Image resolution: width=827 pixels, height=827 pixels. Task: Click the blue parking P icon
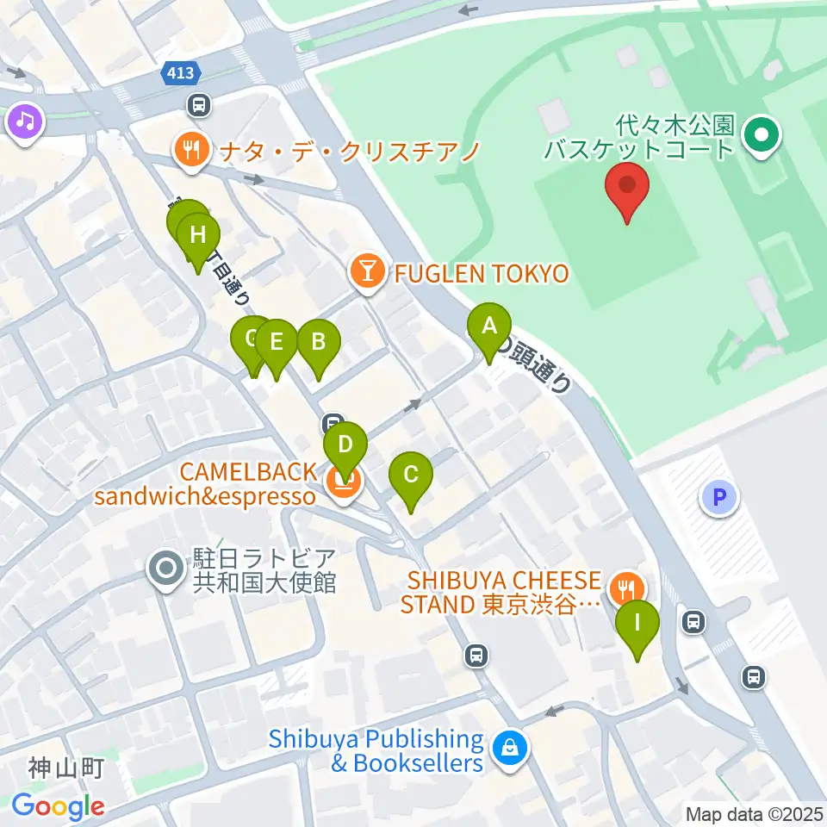click(x=720, y=498)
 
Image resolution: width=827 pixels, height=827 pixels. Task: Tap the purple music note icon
click(x=26, y=121)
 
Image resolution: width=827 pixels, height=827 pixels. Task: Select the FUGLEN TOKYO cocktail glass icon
click(x=368, y=273)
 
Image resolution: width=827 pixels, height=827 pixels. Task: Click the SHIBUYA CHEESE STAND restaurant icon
click(x=624, y=590)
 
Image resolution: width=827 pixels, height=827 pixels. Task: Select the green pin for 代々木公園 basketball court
click(x=762, y=134)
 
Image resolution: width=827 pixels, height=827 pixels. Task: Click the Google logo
click(x=58, y=806)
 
